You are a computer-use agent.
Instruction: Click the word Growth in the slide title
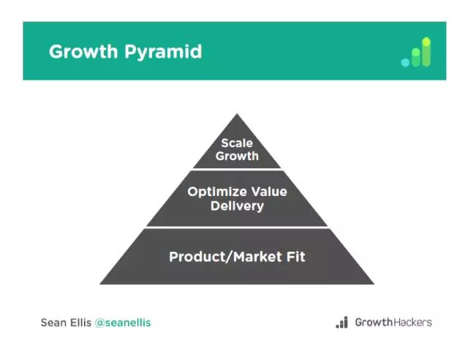pos(83,51)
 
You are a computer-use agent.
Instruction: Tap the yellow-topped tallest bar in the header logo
pos(426,52)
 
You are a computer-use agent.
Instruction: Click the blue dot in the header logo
pos(405,62)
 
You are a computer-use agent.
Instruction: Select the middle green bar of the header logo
pos(416,57)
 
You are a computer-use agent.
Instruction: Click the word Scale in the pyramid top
pos(237,143)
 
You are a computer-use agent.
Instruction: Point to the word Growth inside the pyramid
pos(237,156)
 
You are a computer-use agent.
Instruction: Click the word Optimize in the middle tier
pos(216,192)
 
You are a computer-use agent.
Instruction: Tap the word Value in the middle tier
pos(269,192)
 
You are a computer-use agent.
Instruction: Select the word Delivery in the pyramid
pos(237,206)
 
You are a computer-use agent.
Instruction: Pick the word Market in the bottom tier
pos(257,257)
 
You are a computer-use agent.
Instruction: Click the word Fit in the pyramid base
pos(296,257)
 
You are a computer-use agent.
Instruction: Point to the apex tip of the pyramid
pos(237,113)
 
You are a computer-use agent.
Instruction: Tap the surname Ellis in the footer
pos(80,323)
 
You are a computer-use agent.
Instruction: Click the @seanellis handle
pos(123,323)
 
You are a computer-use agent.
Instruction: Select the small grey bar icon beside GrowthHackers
pos(342,323)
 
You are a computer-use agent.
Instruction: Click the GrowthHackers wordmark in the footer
pos(393,323)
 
